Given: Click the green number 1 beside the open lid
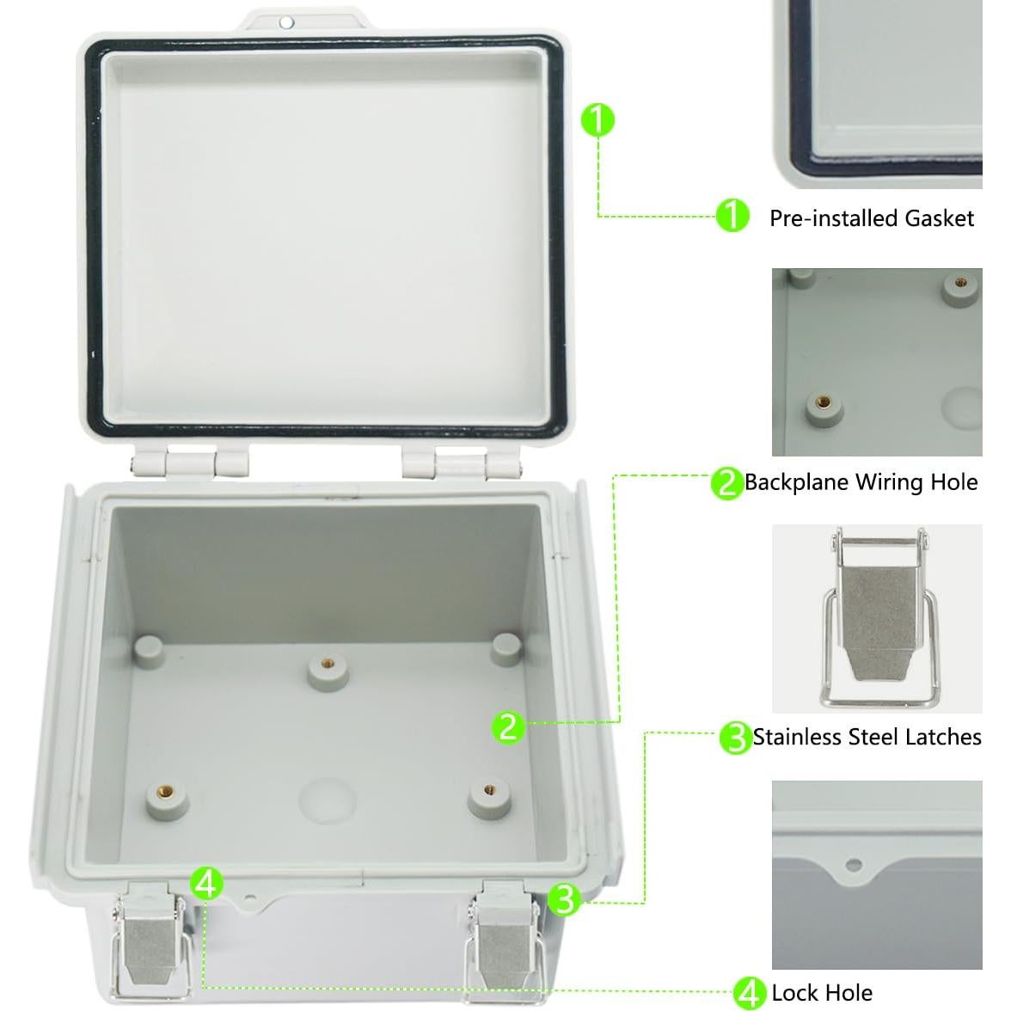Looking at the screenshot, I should tap(597, 120).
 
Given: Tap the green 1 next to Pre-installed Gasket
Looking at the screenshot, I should tap(732, 216).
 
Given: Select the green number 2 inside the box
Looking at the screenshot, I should tap(508, 726).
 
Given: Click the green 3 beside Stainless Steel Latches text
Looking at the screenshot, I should tap(735, 738).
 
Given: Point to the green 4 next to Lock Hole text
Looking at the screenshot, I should tap(749, 992).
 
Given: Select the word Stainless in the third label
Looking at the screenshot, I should tap(796, 738).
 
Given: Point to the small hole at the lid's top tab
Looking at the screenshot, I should tap(287, 22).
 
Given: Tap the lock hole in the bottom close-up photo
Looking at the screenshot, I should tap(853, 864).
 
